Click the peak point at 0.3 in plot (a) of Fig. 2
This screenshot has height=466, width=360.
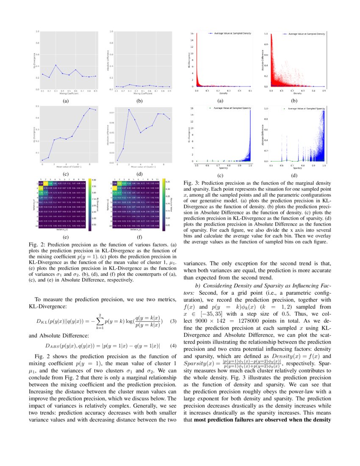[x=56, y=65]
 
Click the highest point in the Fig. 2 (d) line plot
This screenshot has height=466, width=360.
[x=129, y=110]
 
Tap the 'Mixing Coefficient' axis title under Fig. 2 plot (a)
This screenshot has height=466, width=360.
[x=62, y=93]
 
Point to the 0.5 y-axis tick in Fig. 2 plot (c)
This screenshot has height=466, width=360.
[x=38, y=106]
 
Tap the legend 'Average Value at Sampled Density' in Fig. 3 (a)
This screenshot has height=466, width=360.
[x=228, y=33]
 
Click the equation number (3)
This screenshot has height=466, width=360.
[x=172, y=321]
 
